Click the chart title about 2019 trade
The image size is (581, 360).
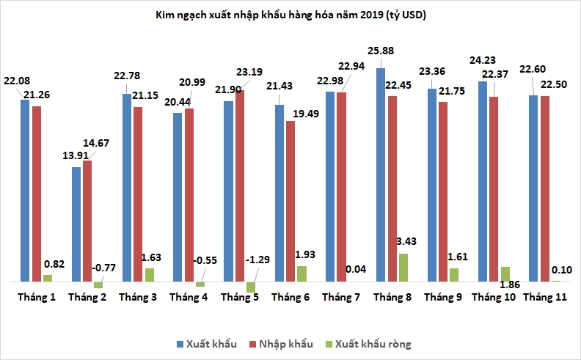tap(290, 15)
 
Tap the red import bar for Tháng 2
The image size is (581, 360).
tap(87, 221)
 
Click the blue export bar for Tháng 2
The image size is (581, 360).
tap(76, 224)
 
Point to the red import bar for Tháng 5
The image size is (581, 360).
tap(240, 185)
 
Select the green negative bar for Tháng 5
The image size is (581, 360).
tap(251, 287)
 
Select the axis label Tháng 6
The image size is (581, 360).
tap(290, 297)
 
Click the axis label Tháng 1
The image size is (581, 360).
tap(36, 297)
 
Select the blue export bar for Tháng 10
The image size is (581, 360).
tap(483, 181)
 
